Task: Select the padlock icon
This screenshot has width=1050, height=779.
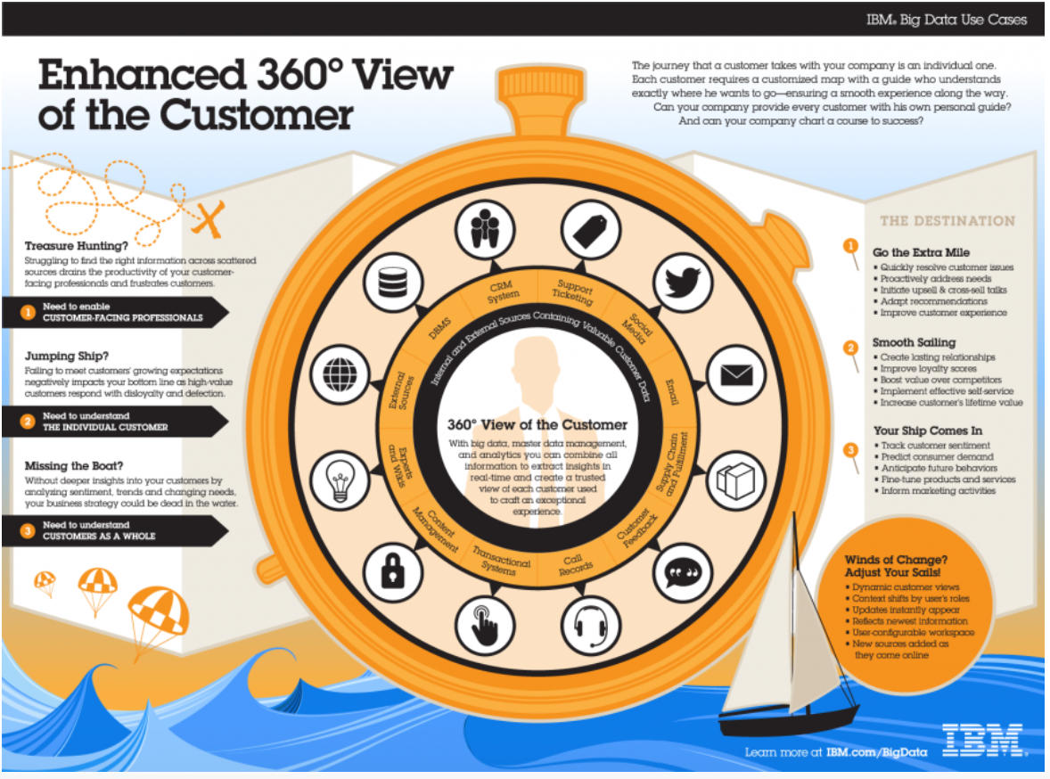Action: tap(391, 570)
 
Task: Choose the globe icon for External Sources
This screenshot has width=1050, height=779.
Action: tap(340, 369)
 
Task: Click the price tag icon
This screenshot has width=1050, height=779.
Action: tap(589, 229)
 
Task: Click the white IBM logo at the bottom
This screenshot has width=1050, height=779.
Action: tap(982, 740)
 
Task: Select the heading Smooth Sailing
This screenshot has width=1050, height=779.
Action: tap(914, 342)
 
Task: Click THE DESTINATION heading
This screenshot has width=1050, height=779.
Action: tap(947, 221)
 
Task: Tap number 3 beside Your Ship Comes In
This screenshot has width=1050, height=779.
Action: tap(851, 449)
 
